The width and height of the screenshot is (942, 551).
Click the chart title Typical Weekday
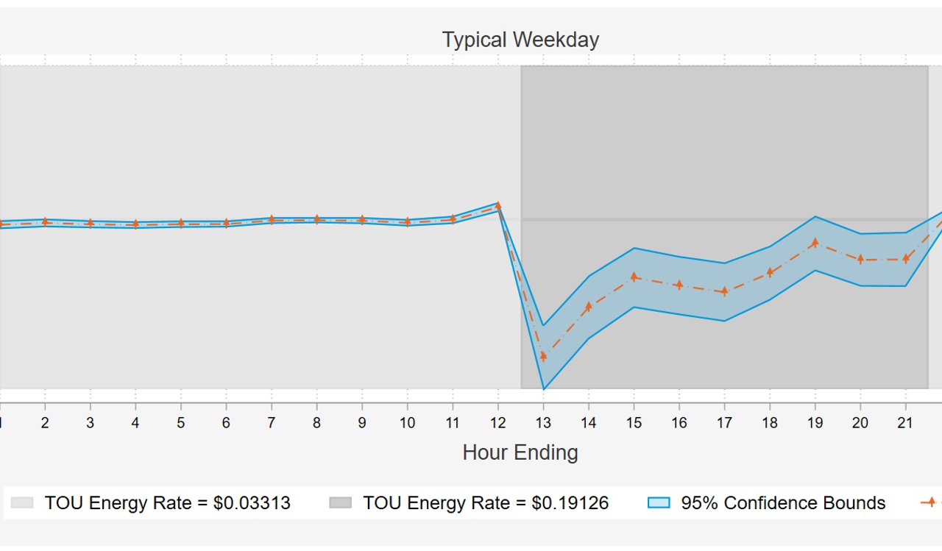[520, 40]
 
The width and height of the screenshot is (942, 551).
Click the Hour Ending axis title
[520, 452]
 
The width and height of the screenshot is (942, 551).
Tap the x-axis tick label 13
[543, 423]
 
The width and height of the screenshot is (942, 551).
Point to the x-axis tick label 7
[272, 423]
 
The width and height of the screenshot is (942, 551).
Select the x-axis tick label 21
[905, 423]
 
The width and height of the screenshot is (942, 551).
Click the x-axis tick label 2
[45, 423]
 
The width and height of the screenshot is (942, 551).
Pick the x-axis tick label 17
[724, 423]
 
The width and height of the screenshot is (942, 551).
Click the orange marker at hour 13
[543, 356]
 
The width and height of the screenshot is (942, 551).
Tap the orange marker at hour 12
[498, 206]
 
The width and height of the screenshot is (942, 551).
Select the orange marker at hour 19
[815, 243]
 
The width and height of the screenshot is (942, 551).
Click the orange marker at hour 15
[634, 277]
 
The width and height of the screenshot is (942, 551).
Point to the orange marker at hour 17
[724, 291]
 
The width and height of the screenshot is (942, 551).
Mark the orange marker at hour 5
[180, 223]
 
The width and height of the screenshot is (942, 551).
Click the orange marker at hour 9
[362, 219]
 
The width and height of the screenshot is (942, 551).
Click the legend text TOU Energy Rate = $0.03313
[167, 503]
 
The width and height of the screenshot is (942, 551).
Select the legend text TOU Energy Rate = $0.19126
[486, 503]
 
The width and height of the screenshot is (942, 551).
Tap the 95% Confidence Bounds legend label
[783, 503]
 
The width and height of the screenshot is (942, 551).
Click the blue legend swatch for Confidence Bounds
[659, 503]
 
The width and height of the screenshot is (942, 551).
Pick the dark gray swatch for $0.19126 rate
[340, 503]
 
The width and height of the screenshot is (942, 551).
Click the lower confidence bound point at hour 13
[543, 388]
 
